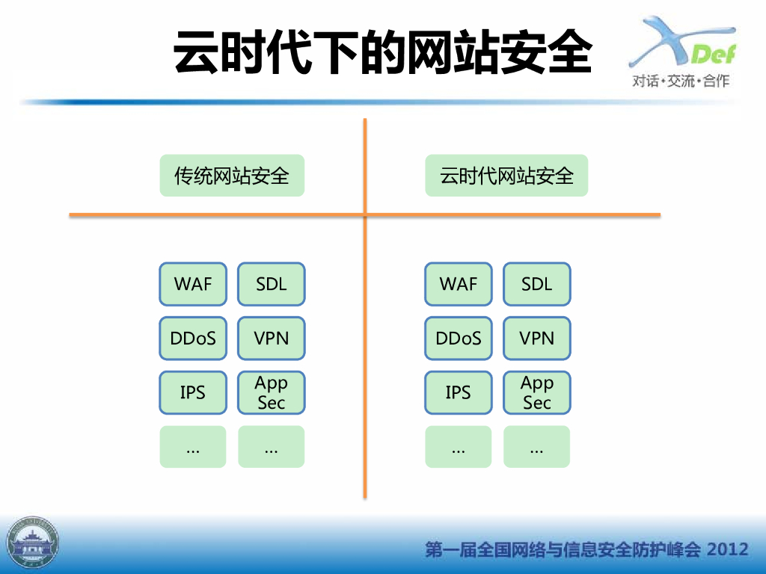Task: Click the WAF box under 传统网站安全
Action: point(193,284)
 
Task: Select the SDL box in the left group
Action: point(271,284)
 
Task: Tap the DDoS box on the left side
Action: point(193,339)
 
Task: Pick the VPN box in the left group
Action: point(271,339)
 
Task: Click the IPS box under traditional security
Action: point(193,392)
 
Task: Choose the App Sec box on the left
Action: point(271,392)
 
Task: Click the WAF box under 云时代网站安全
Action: point(459,284)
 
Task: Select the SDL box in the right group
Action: point(537,284)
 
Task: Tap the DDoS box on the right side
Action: point(459,339)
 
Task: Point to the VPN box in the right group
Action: point(537,339)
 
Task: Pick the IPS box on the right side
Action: point(459,392)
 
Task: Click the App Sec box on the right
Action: point(537,392)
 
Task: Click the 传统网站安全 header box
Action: point(232,176)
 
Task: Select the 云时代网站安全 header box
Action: point(506,176)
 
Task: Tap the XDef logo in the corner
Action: point(682,42)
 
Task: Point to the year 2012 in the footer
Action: point(727,549)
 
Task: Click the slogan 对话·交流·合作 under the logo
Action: point(681,81)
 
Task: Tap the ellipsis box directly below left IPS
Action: point(193,447)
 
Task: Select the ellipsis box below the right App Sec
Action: point(537,447)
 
